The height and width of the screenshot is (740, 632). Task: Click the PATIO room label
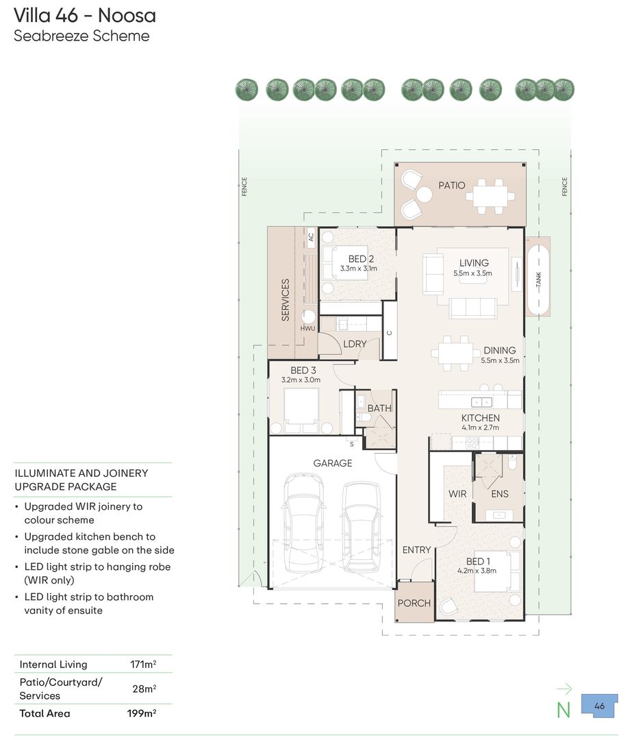tap(451, 186)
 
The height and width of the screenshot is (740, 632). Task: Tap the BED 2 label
tap(361, 259)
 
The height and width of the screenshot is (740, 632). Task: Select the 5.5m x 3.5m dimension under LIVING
tap(472, 273)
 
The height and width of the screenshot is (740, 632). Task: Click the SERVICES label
tap(286, 300)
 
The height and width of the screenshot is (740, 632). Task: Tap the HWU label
tap(307, 328)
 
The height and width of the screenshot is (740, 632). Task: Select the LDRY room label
tap(355, 344)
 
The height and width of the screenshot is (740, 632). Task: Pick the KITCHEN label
tap(480, 418)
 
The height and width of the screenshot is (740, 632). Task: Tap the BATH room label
tap(379, 408)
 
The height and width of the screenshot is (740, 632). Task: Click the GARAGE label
tap(333, 463)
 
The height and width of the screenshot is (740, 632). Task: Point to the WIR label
tap(457, 493)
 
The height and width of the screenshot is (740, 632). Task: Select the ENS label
tap(499, 493)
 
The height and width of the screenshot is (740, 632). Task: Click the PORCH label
tap(414, 603)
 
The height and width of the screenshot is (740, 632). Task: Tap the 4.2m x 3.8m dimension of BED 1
tap(477, 571)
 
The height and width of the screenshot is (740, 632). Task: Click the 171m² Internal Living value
tap(143, 664)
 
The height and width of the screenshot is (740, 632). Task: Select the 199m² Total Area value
tap(142, 713)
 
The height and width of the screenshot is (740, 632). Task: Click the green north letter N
tap(564, 711)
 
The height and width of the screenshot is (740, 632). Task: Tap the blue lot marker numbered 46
tap(599, 706)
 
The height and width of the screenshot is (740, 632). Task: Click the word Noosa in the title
tap(127, 16)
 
